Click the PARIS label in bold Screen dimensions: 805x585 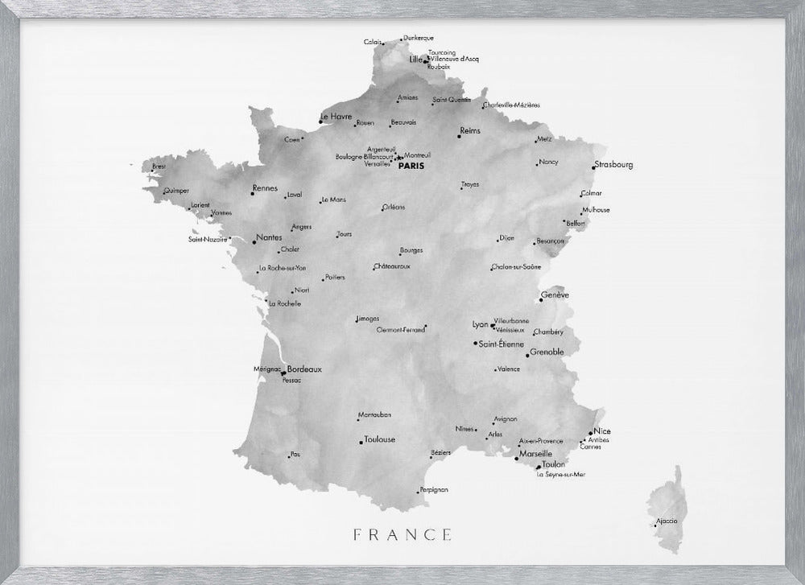(x=411, y=166)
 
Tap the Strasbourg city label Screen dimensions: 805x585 (x=614, y=165)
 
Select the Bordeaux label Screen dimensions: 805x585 (x=304, y=369)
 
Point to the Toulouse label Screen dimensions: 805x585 (x=380, y=439)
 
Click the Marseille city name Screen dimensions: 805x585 (x=536, y=454)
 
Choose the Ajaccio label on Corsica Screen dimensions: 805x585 (x=667, y=521)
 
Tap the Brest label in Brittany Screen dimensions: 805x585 (x=159, y=167)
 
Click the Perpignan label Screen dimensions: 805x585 (x=434, y=489)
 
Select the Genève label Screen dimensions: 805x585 (x=555, y=295)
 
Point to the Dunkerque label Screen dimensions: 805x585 (x=419, y=38)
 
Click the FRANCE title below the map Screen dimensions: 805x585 (x=402, y=534)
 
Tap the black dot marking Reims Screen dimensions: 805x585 (x=459, y=137)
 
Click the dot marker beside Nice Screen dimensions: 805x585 (x=591, y=433)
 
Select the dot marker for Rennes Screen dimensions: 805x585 (x=253, y=194)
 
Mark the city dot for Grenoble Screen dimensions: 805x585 (x=527, y=355)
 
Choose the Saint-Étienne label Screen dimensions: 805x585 (x=501, y=344)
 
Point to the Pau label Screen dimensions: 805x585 (x=295, y=454)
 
